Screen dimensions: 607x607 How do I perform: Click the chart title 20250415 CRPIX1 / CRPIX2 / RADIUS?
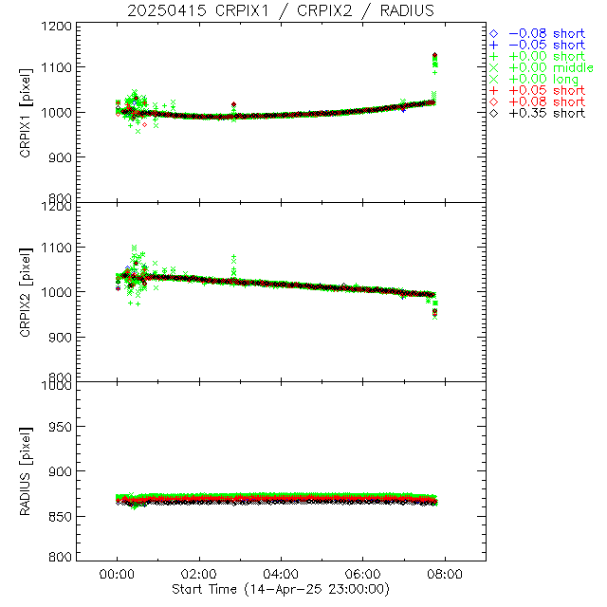coord(281,10)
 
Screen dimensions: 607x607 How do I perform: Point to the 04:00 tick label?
coord(282,574)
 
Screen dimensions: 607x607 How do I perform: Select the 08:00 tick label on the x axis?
coord(445,574)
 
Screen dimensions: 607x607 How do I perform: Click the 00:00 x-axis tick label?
coord(117,574)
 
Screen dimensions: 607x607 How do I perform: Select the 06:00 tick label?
coord(363,574)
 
